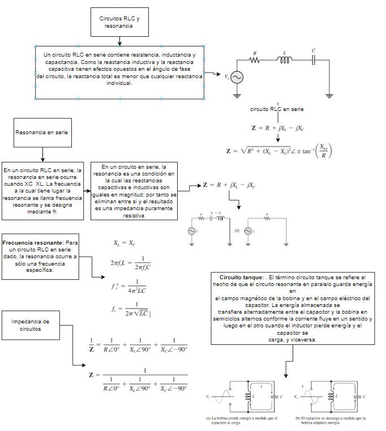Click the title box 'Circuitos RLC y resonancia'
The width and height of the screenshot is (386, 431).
point(119,23)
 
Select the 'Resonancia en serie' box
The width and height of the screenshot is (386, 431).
point(42,133)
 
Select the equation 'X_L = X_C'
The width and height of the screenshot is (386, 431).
point(125,244)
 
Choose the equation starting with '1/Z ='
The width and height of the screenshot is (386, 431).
point(138,344)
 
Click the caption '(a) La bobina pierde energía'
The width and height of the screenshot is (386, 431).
point(242,420)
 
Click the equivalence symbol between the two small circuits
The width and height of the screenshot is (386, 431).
point(237,231)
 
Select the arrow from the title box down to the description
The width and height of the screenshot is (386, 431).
point(119,41)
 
